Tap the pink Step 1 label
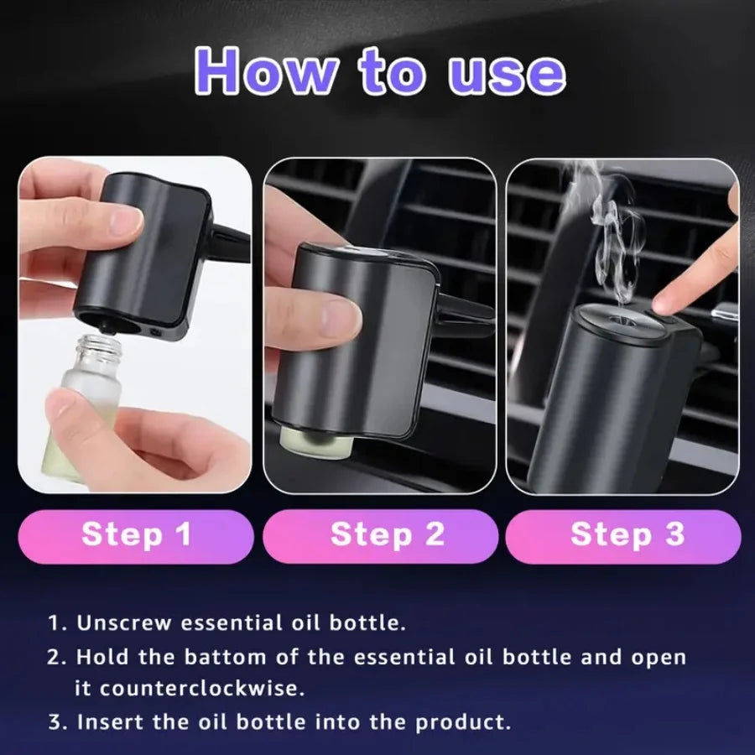(136, 535)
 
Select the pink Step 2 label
(387, 535)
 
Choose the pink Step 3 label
(627, 535)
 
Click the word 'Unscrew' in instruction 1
(125, 623)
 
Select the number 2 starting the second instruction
(54, 656)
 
